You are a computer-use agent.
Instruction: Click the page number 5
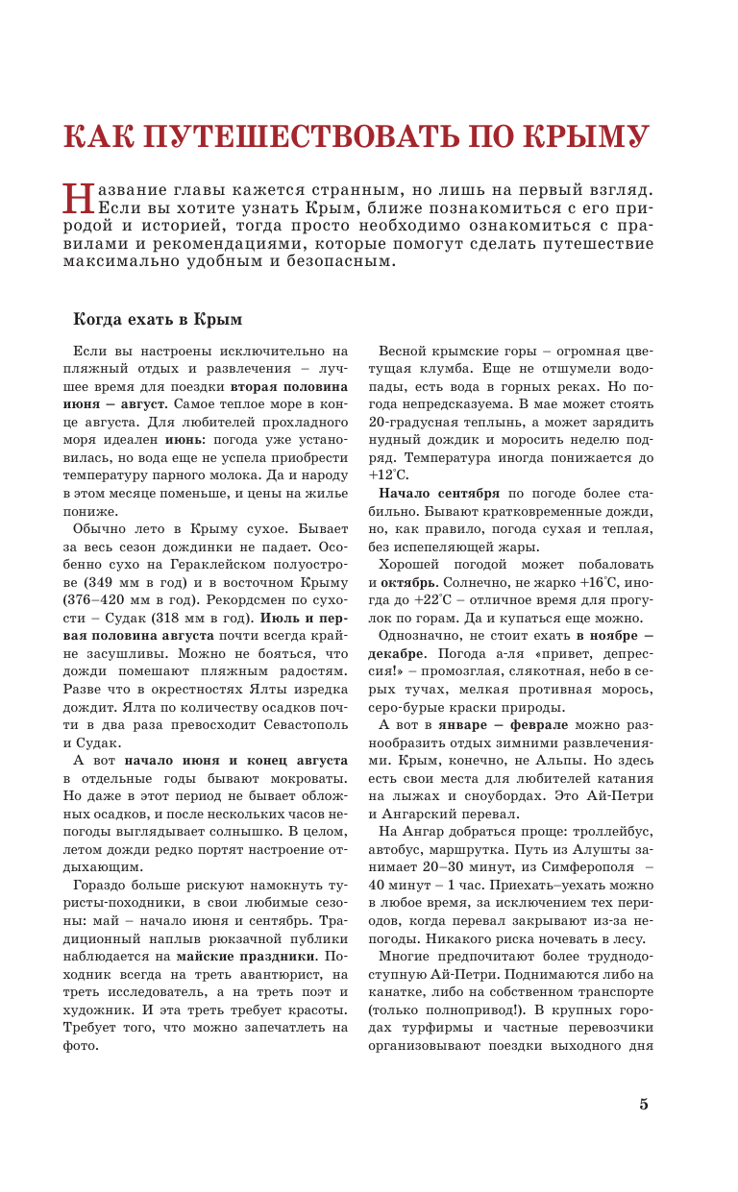click(644, 1104)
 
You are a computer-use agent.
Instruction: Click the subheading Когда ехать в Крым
click(159, 320)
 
